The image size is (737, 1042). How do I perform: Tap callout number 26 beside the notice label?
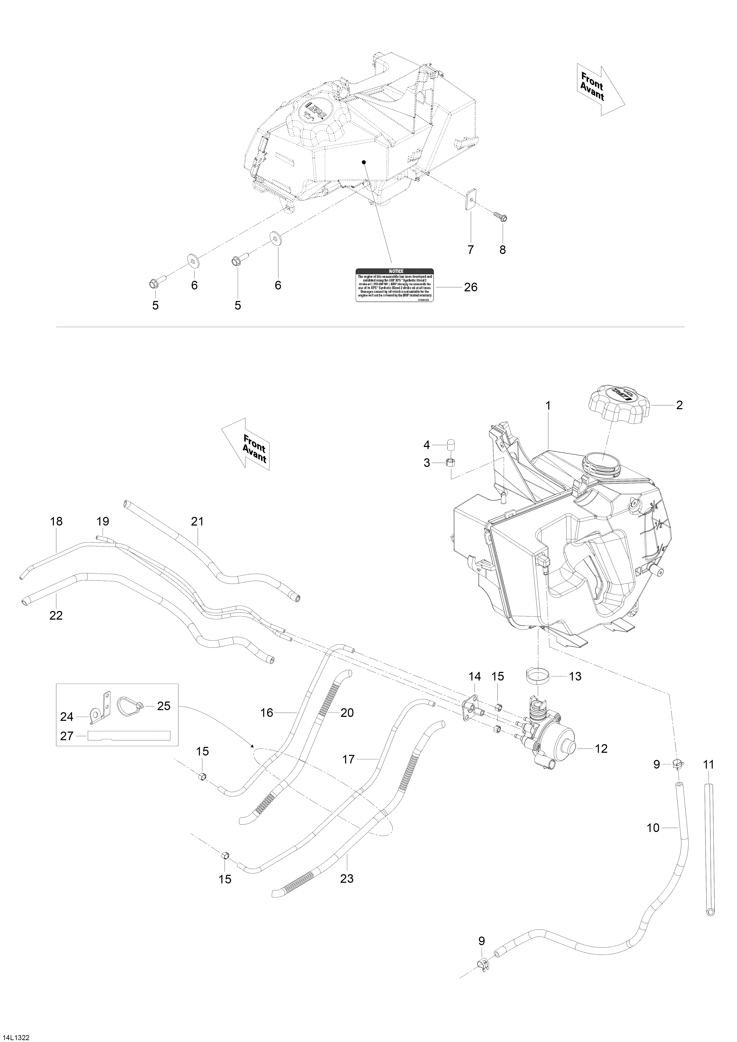pyautogui.click(x=471, y=287)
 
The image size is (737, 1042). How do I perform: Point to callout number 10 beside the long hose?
pyautogui.click(x=653, y=828)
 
